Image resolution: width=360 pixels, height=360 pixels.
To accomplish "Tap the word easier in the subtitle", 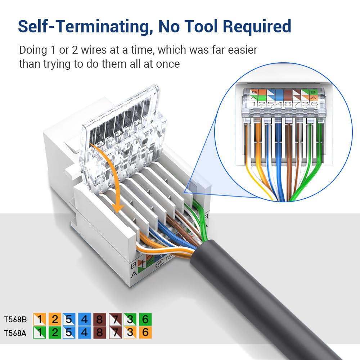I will [240, 50].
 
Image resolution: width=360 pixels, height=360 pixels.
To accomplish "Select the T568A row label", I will [15, 333].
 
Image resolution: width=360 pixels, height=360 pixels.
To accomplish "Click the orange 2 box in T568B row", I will [55, 319].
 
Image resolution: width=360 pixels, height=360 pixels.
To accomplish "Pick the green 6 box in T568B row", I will [145, 319].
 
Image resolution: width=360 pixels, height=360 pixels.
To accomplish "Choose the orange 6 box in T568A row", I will [145, 333].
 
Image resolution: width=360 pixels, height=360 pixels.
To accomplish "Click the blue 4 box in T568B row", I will [85, 319].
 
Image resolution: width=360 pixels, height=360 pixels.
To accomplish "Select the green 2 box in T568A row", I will [55, 333].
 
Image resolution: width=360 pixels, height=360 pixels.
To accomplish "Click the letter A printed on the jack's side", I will [134, 275].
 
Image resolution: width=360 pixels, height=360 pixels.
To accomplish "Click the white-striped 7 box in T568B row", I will [115, 319].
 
